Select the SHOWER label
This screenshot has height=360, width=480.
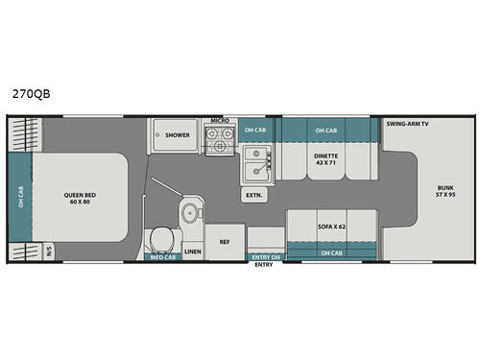[177, 135]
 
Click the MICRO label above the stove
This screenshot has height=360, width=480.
[218, 123]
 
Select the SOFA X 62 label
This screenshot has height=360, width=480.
[331, 227]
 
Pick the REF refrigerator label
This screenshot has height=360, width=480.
[225, 242]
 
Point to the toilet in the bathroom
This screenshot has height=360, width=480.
[161, 237]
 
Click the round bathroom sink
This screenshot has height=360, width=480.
[190, 211]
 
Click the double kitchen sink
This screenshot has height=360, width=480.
[255, 162]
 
